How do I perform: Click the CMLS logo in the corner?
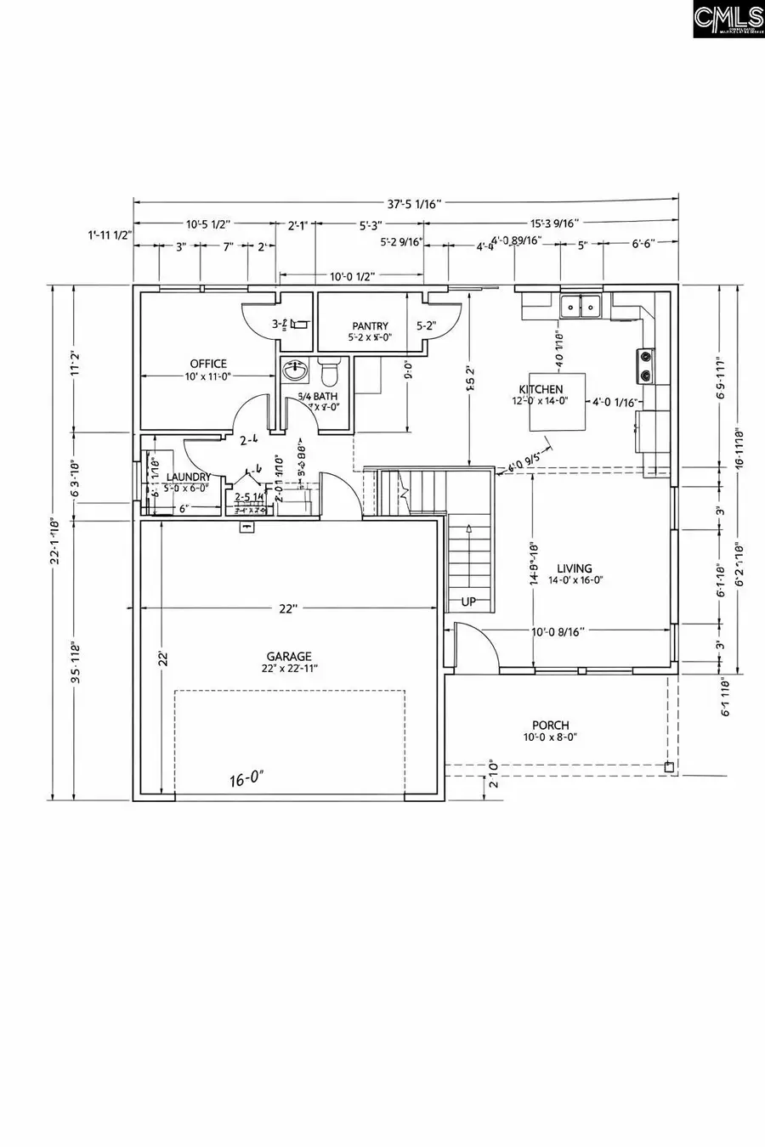click(728, 19)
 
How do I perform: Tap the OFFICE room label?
click(208, 364)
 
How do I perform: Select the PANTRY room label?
click(370, 326)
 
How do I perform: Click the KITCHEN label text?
click(541, 389)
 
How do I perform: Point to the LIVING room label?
click(575, 568)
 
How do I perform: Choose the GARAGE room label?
click(289, 656)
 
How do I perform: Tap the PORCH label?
click(551, 725)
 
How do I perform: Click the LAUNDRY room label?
click(188, 477)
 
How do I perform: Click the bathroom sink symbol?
click(295, 370)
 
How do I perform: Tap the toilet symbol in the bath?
click(330, 371)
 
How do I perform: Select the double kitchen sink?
click(581, 306)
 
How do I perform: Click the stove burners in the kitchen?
click(646, 365)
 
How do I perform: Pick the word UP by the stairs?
click(468, 602)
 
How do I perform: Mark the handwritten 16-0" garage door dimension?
click(246, 778)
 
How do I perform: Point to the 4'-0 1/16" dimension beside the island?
click(615, 404)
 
